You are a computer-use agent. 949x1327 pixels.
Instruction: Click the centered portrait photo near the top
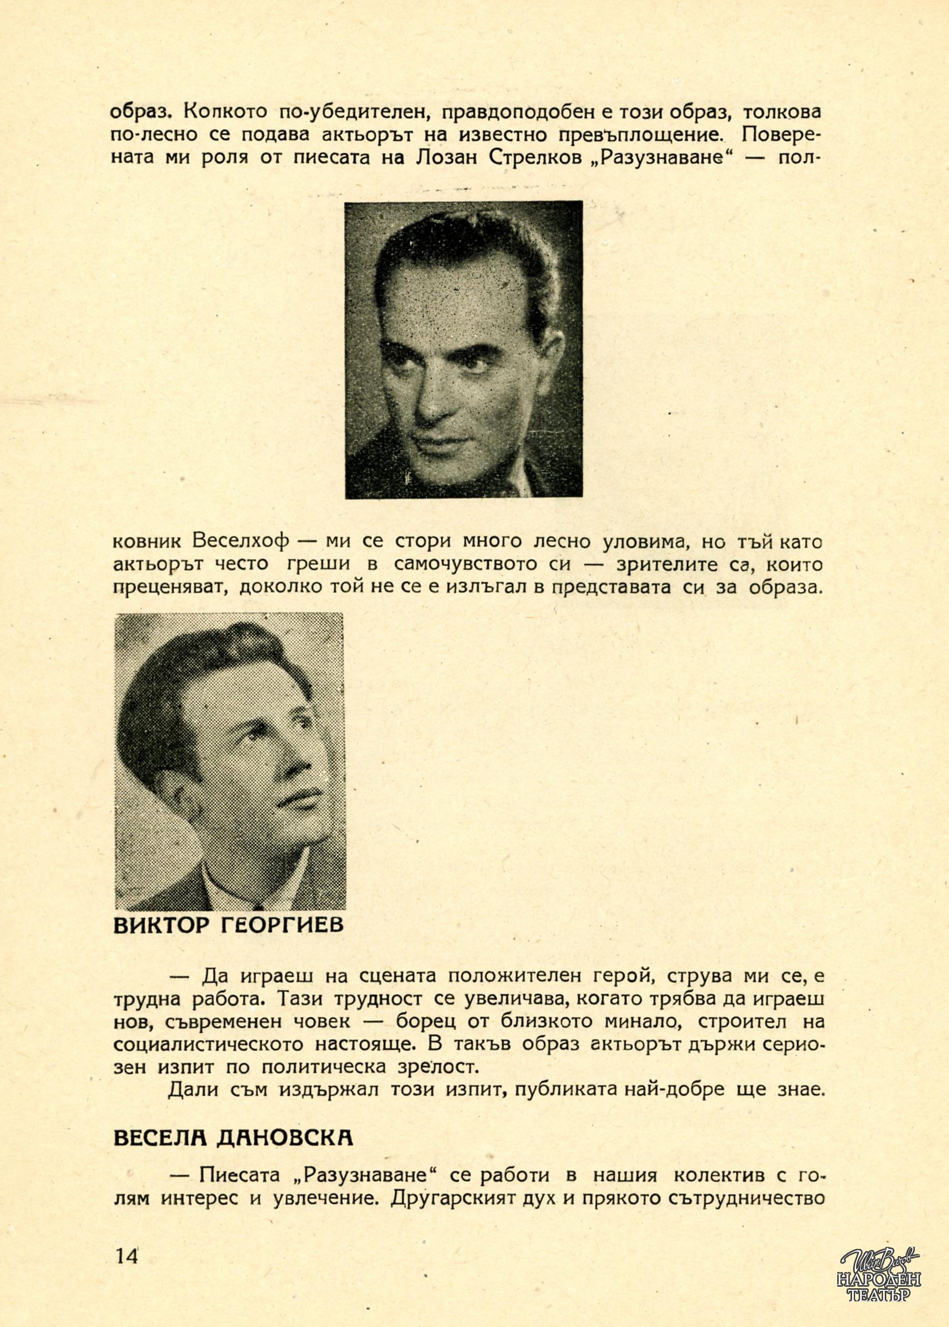click(x=463, y=350)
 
